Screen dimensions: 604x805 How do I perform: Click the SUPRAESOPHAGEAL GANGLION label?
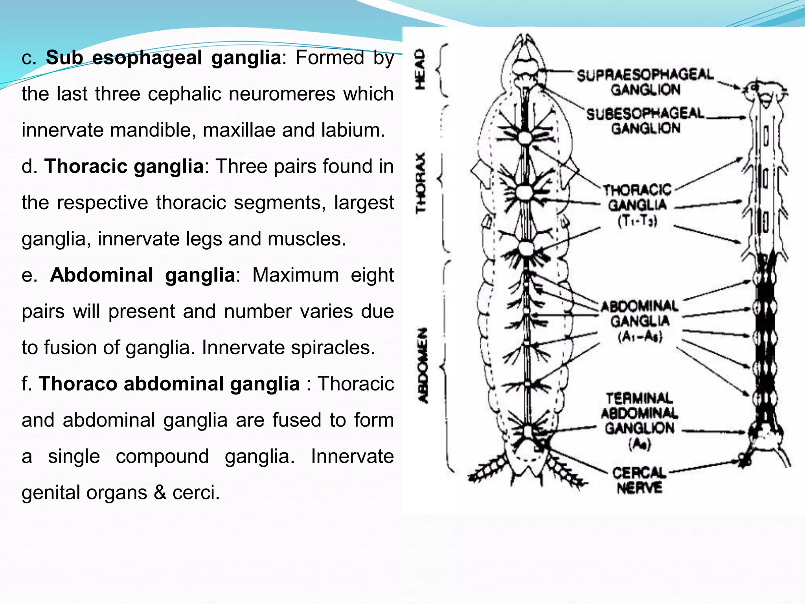(x=645, y=82)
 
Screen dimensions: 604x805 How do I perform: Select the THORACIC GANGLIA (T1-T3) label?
(x=637, y=205)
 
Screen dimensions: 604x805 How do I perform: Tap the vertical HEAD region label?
(x=420, y=69)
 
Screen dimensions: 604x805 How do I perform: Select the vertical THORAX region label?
(x=421, y=183)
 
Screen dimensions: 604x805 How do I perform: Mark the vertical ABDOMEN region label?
(x=423, y=365)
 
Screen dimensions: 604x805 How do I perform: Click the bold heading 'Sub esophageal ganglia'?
(x=164, y=57)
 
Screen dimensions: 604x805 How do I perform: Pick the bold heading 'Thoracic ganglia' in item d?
(x=124, y=166)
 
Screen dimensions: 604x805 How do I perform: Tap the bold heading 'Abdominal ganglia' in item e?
(x=142, y=274)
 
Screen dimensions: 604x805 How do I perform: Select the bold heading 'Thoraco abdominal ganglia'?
(x=169, y=383)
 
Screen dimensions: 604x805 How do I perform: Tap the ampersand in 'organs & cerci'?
(x=160, y=492)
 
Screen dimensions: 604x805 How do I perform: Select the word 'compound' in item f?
(x=162, y=456)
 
